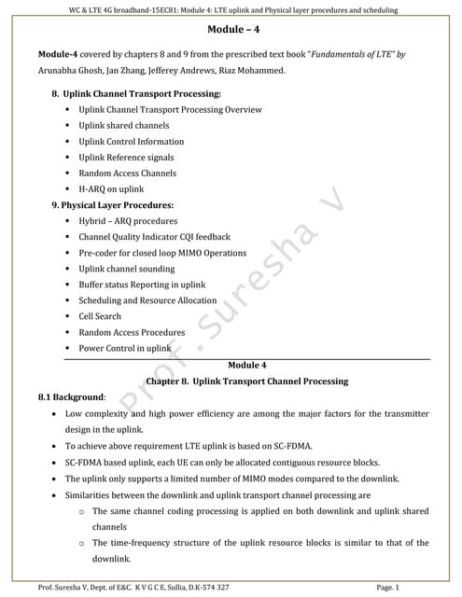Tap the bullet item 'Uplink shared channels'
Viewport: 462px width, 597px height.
[x=124, y=126]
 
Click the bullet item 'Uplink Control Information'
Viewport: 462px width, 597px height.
[x=132, y=142]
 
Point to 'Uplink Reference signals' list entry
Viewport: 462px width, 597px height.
[x=126, y=158]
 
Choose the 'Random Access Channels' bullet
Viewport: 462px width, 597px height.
[x=127, y=174]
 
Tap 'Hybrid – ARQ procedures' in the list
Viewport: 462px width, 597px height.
[x=128, y=221]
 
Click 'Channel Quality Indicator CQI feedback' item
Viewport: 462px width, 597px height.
[x=154, y=237]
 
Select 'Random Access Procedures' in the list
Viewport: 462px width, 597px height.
[x=132, y=332]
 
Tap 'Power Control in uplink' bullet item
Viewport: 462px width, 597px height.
[x=125, y=348]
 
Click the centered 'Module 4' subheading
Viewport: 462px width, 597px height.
[x=246, y=365]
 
